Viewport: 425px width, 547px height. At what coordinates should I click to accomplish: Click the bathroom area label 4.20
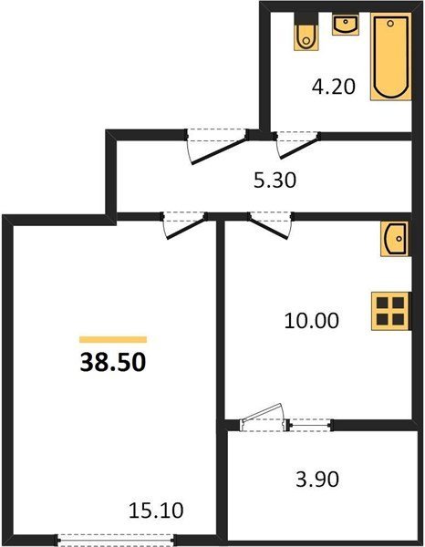click(x=334, y=87)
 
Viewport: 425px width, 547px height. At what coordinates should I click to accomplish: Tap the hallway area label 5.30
click(x=275, y=181)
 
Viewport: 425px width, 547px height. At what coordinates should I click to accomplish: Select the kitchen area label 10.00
click(x=312, y=321)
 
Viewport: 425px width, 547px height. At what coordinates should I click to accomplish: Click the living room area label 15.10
click(x=156, y=511)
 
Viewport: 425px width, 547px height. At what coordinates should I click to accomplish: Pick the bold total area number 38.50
click(x=113, y=362)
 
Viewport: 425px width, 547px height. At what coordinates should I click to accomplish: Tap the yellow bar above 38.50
click(x=113, y=339)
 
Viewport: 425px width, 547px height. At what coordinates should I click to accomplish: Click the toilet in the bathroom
click(x=306, y=32)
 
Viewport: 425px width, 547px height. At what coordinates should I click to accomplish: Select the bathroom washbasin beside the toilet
click(x=346, y=25)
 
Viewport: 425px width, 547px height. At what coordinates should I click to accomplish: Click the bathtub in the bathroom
click(x=391, y=57)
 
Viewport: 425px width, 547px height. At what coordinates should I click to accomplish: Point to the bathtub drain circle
click(x=390, y=24)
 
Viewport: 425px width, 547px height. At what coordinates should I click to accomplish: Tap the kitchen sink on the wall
click(x=395, y=239)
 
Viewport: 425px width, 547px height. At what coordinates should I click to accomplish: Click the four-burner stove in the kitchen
click(x=390, y=311)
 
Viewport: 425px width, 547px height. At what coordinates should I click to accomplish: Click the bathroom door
click(x=297, y=145)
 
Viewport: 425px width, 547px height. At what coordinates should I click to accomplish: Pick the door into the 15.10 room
click(x=185, y=225)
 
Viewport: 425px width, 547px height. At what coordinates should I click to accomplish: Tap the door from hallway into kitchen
click(x=271, y=225)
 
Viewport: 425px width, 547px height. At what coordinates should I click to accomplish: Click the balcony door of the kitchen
click(x=263, y=418)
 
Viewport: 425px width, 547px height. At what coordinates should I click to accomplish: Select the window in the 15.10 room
click(x=117, y=540)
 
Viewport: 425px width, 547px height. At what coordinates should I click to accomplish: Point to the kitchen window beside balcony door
click(x=310, y=425)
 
